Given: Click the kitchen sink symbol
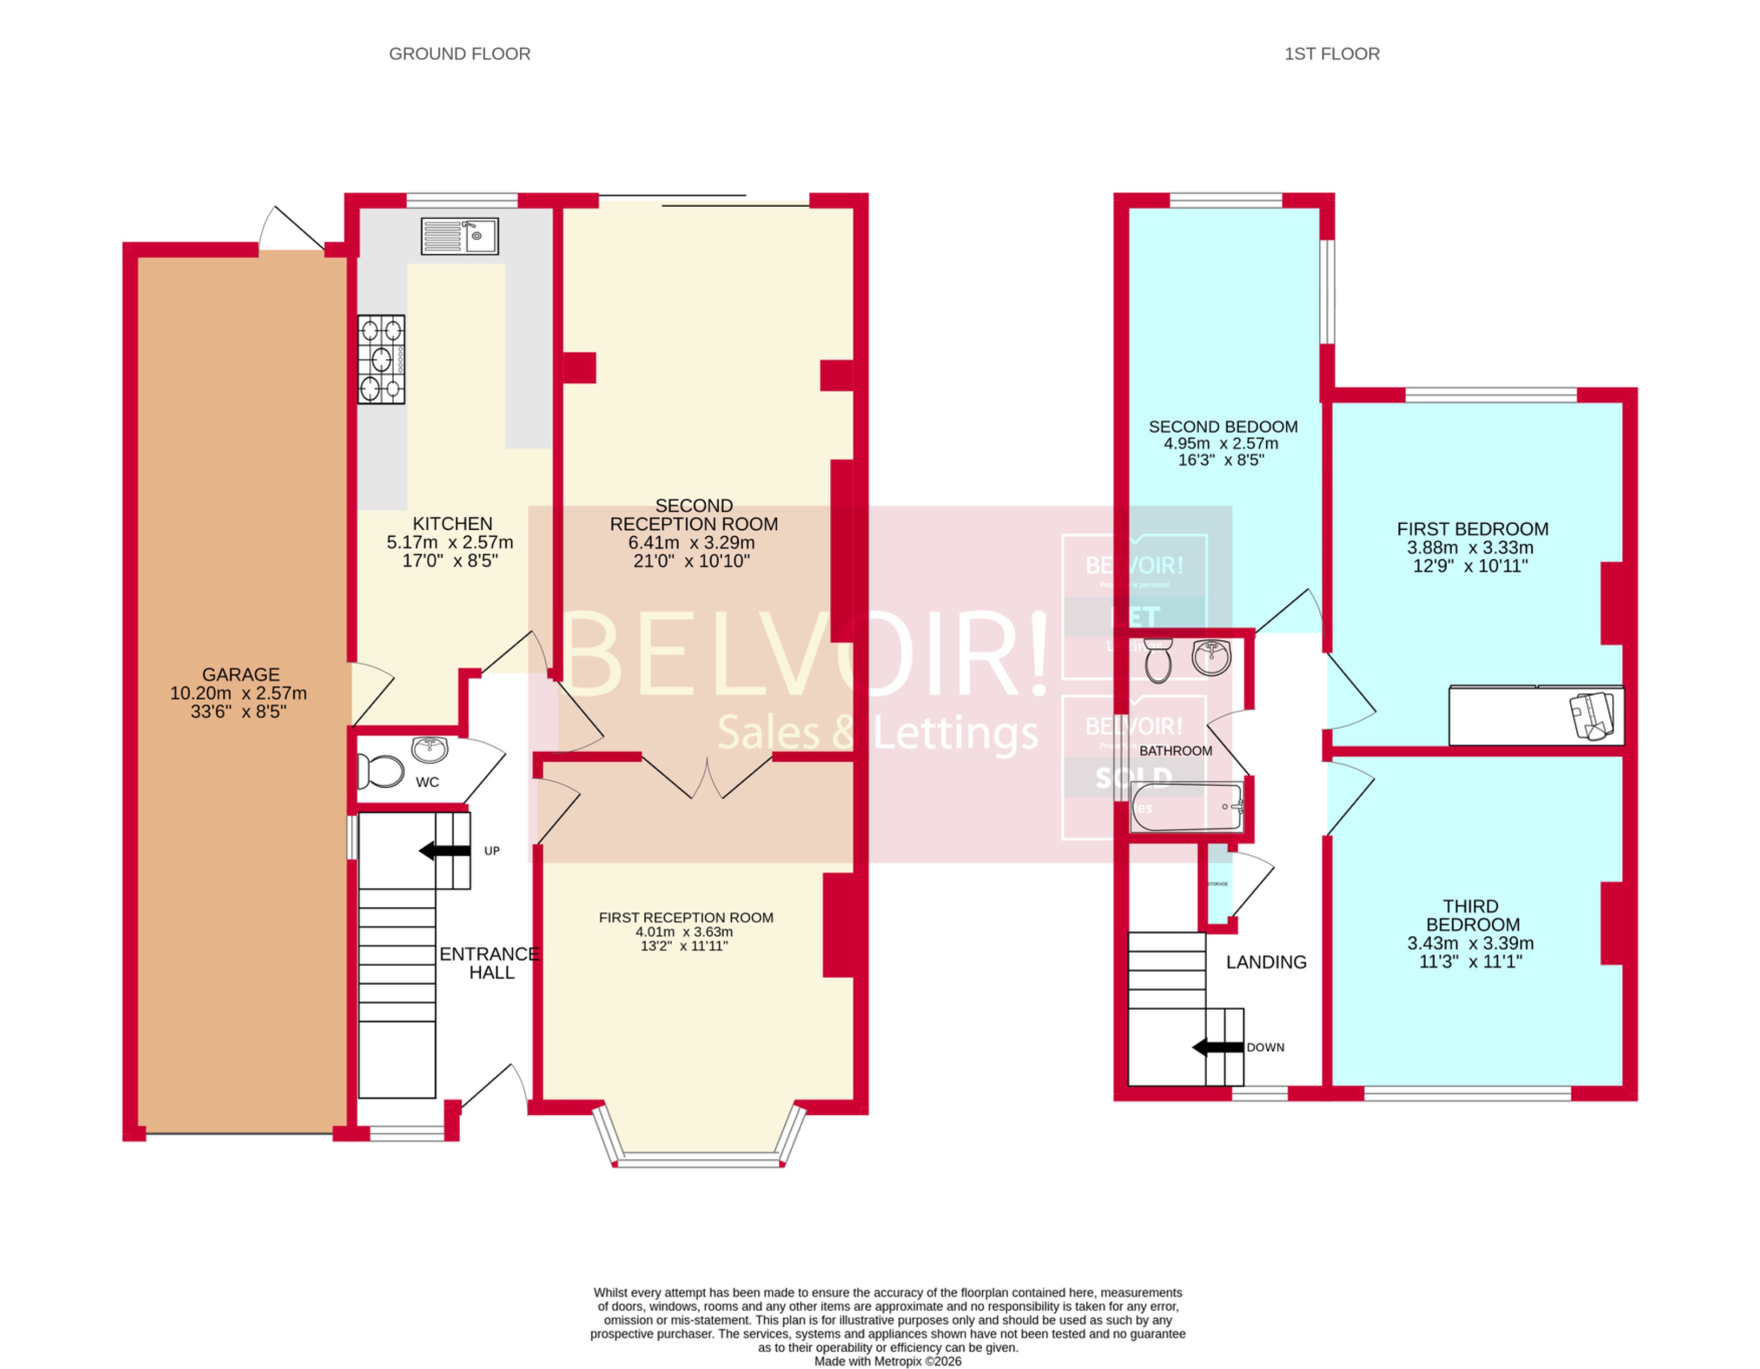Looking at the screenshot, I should pos(460,236).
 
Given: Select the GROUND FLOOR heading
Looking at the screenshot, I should pos(460,54).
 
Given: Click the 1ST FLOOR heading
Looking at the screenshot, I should pos(1331,54).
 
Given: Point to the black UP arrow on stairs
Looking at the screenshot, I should pos(445,850).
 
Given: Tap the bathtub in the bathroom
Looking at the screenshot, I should pos(1186,807).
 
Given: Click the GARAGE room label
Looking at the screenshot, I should pos(240,674).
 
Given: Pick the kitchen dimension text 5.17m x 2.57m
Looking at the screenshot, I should pos(450,542).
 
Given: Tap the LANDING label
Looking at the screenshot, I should pos(1266,962).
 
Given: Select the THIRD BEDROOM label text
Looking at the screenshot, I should pos(1472,915).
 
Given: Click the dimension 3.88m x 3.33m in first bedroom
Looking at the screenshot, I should pos(1470,548).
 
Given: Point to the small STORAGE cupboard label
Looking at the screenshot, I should pos(1217,884).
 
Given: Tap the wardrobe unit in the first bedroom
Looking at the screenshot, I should pos(1535,715).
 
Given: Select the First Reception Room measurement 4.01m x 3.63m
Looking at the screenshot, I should pos(684,932).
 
